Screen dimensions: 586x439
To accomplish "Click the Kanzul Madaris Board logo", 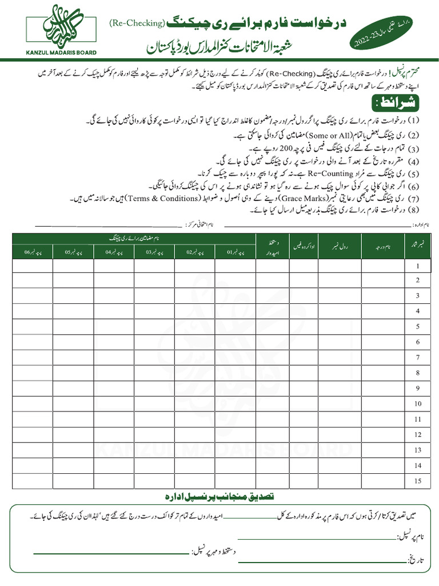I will [x=61, y=30].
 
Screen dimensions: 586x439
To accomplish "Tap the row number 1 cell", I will [x=418, y=266].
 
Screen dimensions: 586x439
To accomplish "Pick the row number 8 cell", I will [x=418, y=373].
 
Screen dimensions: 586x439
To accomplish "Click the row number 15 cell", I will [x=418, y=481].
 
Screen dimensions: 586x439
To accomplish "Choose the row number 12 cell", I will [x=418, y=435].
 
